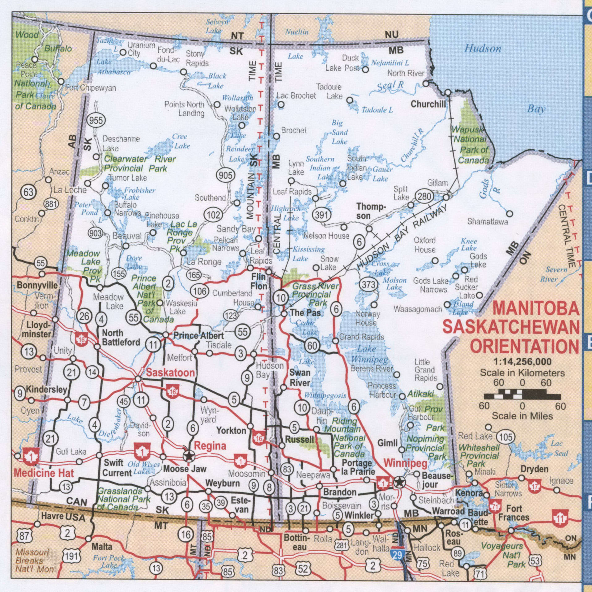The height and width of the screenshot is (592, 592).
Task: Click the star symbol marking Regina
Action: click(189, 455)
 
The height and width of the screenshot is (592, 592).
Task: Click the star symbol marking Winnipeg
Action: click(399, 482)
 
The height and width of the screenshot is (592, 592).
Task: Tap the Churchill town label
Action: click(428, 104)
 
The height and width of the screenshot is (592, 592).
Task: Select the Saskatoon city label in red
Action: click(170, 373)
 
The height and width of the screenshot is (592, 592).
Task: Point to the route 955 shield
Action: click(96, 120)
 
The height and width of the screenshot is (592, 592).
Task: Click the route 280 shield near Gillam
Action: click(424, 197)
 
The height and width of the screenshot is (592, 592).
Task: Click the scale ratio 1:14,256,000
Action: click(522, 362)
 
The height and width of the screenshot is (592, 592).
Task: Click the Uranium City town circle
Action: click(123, 52)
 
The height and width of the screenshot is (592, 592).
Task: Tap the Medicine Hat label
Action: click(44, 473)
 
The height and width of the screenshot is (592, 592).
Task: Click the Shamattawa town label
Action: click(488, 222)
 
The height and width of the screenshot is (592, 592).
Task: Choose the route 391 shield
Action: click(322, 215)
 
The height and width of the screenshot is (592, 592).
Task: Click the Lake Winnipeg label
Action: click(369, 354)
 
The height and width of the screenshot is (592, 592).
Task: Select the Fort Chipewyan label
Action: click(91, 88)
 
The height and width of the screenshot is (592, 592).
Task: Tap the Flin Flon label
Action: click(259, 282)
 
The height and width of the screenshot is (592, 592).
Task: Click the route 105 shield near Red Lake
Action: click(506, 437)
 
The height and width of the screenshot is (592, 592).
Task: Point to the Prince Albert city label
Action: click(198, 335)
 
